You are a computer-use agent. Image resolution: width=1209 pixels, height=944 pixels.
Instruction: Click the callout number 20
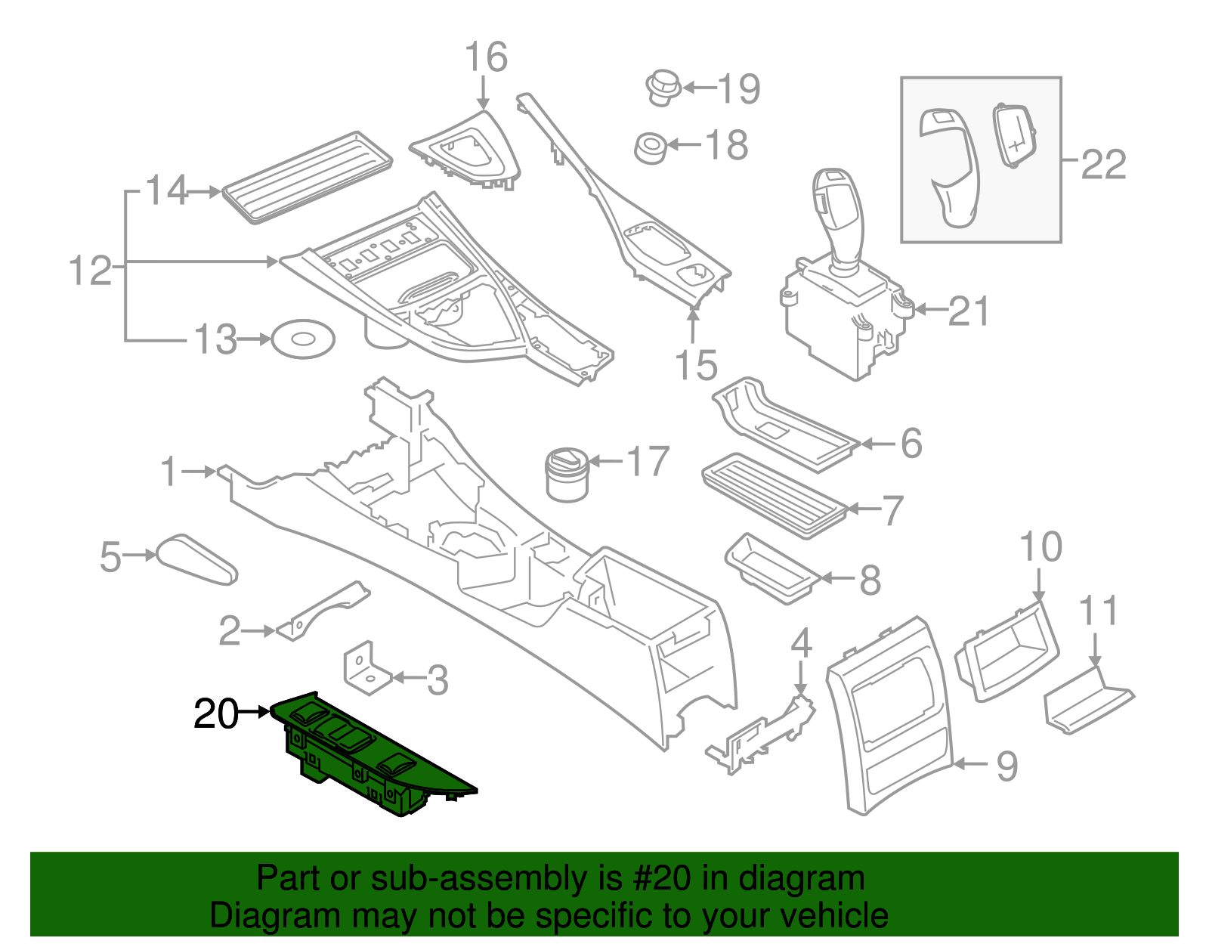(215, 713)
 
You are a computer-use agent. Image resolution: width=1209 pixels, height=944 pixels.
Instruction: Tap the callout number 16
(485, 57)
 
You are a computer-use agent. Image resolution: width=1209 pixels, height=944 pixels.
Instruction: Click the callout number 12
(90, 271)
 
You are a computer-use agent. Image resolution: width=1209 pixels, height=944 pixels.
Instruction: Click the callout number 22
(1103, 164)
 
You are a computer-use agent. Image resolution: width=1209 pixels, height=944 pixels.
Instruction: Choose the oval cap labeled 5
(197, 560)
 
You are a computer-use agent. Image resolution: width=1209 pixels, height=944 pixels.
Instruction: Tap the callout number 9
(1007, 766)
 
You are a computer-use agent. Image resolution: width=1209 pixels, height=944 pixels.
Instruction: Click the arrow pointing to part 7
(861, 509)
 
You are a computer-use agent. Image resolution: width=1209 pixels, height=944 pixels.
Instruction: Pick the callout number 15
(695, 365)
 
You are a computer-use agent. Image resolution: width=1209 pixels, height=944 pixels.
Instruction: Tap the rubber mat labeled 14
(306, 178)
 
